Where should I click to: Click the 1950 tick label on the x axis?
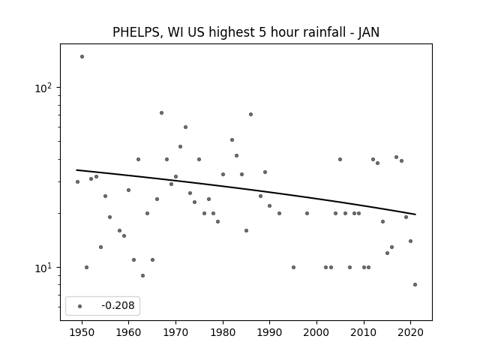pyautogui.click(x=82, y=332)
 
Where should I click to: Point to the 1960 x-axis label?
pyautogui.click(x=128, y=332)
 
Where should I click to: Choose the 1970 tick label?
pyautogui.click(x=175, y=332)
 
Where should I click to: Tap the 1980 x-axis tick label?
pyautogui.click(x=223, y=332)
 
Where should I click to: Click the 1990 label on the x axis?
pyautogui.click(x=270, y=332)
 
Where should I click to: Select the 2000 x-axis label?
pyautogui.click(x=316, y=332)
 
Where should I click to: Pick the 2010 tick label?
pyautogui.click(x=364, y=332)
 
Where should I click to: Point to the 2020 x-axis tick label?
pyautogui.click(x=411, y=332)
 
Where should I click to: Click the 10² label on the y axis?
pyautogui.click(x=43, y=88)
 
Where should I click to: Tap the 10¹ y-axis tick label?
pyautogui.click(x=43, y=268)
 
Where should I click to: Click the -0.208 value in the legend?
pyautogui.click(x=118, y=305)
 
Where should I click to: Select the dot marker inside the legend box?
pyautogui.click(x=80, y=306)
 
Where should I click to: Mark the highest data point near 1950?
pyautogui.click(x=82, y=57)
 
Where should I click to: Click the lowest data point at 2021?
pyautogui.click(x=415, y=285)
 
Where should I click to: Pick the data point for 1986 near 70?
pyautogui.click(x=250, y=115)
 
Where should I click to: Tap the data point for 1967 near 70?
pyautogui.click(x=162, y=113)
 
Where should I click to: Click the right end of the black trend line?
pyautogui.click(x=415, y=214)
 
